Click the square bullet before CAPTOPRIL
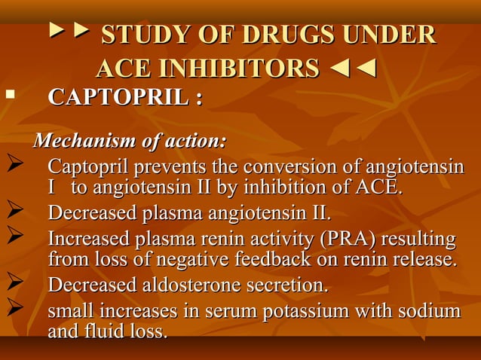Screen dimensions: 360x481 [x=10, y=96]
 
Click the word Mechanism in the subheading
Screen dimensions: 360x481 [x=81, y=141]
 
